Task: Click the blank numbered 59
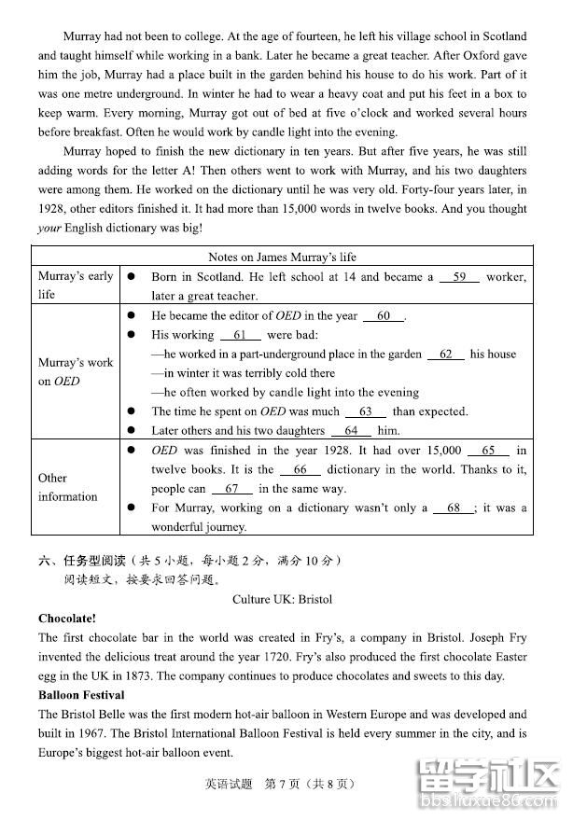point(458,277)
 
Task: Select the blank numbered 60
point(384,316)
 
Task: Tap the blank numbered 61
point(241,335)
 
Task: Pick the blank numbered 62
point(445,355)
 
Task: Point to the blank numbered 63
point(365,411)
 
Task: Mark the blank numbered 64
point(351,431)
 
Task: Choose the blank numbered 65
point(488,451)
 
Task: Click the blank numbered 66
point(300,470)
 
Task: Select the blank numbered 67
point(231,489)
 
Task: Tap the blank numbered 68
point(454,508)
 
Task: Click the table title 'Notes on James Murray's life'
point(282,257)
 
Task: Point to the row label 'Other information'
point(67,487)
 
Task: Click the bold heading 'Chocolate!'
point(67,619)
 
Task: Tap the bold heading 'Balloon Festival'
point(82,695)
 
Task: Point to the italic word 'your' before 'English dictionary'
point(49,229)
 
